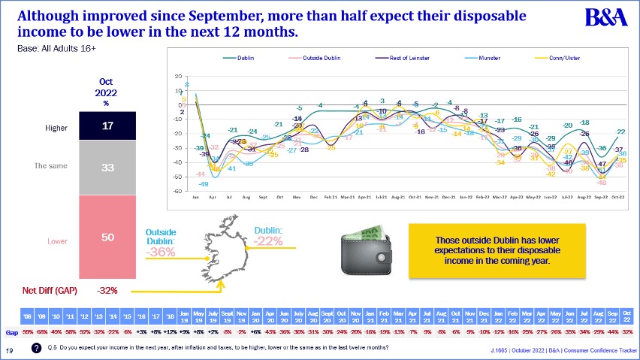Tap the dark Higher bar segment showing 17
point(107,126)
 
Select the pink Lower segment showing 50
point(107,237)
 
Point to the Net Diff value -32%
point(107,290)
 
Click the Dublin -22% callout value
point(268,241)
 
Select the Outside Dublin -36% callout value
point(160,253)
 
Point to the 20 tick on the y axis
point(177,76)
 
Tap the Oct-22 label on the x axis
point(617,198)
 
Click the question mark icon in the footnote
point(36,349)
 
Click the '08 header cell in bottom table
point(26,316)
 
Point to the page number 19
point(11,349)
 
